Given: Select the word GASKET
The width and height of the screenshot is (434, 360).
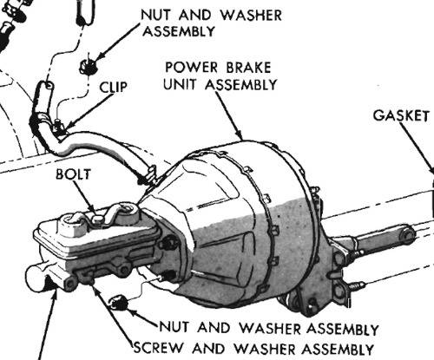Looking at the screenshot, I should pyautogui.click(x=401, y=116).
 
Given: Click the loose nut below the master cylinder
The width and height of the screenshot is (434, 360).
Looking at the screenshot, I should pyautogui.click(x=122, y=303).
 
